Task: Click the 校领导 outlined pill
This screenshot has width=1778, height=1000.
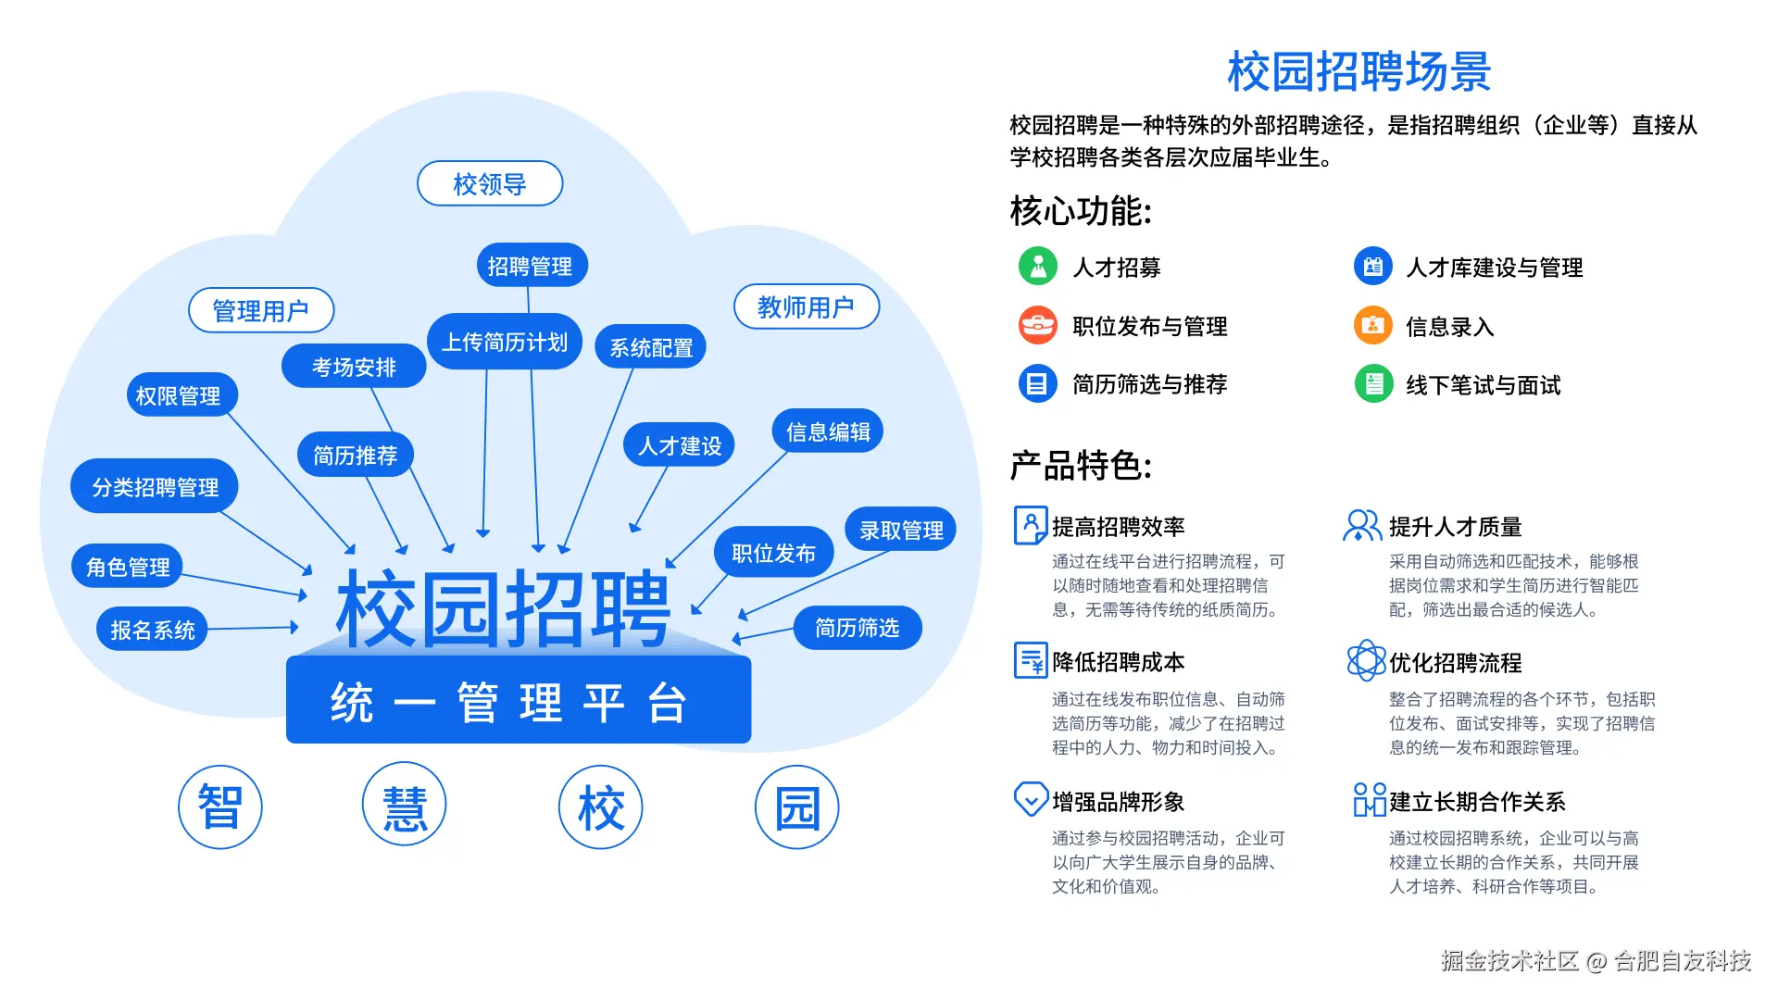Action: [x=490, y=183]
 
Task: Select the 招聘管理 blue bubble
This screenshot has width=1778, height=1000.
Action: [x=531, y=266]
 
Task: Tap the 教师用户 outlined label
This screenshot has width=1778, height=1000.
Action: [x=806, y=306]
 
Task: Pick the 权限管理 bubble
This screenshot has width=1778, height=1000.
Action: [x=179, y=396]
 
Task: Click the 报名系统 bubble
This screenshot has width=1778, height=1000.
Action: [x=153, y=630]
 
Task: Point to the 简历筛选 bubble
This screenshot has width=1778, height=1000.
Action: [x=857, y=628]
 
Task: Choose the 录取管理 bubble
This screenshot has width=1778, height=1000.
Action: [x=901, y=530]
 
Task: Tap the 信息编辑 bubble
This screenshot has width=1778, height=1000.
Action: [x=828, y=431]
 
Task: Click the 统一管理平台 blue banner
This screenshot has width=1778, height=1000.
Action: [x=519, y=701]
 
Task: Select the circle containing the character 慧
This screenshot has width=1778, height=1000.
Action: [x=405, y=806]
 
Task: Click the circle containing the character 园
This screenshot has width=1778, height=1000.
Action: [x=797, y=806]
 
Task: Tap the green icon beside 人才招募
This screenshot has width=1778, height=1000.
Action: [x=1038, y=267]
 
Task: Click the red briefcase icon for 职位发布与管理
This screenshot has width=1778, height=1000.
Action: [x=1038, y=325]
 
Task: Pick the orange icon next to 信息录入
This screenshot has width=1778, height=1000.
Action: [x=1373, y=325]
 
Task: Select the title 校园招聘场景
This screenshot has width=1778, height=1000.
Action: [x=1359, y=71]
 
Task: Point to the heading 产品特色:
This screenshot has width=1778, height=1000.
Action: [x=1081, y=465]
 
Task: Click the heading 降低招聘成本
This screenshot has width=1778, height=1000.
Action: [x=1119, y=662]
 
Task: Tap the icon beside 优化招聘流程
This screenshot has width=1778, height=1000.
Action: [x=1366, y=661]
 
